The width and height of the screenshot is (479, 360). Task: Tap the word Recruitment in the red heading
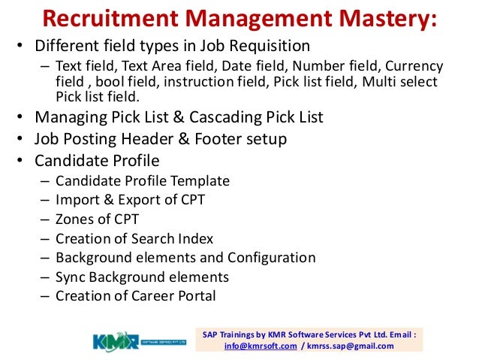(x=112, y=18)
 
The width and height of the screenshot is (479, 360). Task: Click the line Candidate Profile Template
(x=142, y=181)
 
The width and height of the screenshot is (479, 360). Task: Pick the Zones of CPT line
(x=97, y=219)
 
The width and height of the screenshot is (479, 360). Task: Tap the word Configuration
(x=266, y=258)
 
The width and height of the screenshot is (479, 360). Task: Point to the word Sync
(x=71, y=277)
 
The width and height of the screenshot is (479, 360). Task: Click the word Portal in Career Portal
(x=194, y=296)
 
